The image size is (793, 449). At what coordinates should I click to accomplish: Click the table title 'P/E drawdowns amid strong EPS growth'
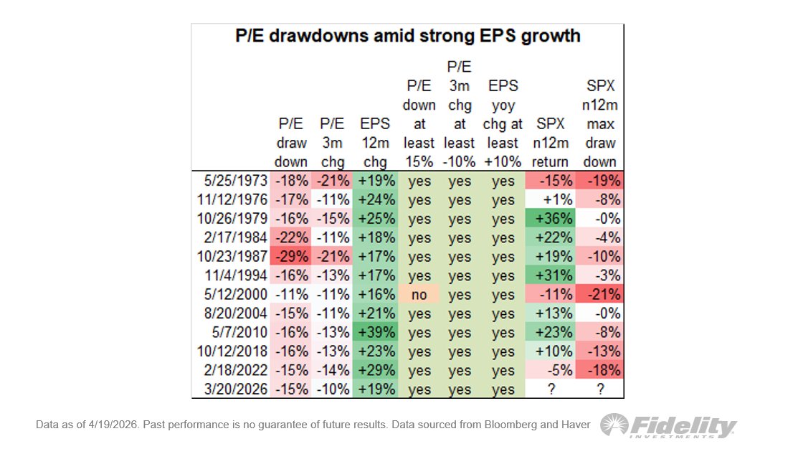[x=408, y=36]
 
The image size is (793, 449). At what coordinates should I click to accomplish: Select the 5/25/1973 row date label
[x=236, y=181]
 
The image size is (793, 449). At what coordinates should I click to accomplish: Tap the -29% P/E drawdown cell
[x=291, y=257]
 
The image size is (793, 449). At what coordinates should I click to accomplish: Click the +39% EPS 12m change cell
[x=376, y=333]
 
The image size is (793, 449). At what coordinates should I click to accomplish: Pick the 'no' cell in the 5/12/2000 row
[x=419, y=295]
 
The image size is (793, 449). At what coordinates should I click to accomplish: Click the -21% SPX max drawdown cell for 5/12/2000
[x=600, y=295]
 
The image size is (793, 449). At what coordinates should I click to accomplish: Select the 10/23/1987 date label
[x=232, y=257]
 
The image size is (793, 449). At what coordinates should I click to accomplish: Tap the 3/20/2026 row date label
[x=236, y=389]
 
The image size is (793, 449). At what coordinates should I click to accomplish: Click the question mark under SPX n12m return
[x=551, y=389]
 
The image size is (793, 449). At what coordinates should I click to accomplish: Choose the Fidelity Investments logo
[x=668, y=426]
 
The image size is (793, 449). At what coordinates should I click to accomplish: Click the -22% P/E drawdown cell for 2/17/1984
[x=291, y=237]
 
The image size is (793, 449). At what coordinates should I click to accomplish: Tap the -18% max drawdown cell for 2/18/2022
[x=600, y=371]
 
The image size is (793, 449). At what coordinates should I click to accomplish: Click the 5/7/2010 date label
[x=239, y=333]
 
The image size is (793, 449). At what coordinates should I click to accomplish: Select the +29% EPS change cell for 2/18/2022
[x=376, y=371]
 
